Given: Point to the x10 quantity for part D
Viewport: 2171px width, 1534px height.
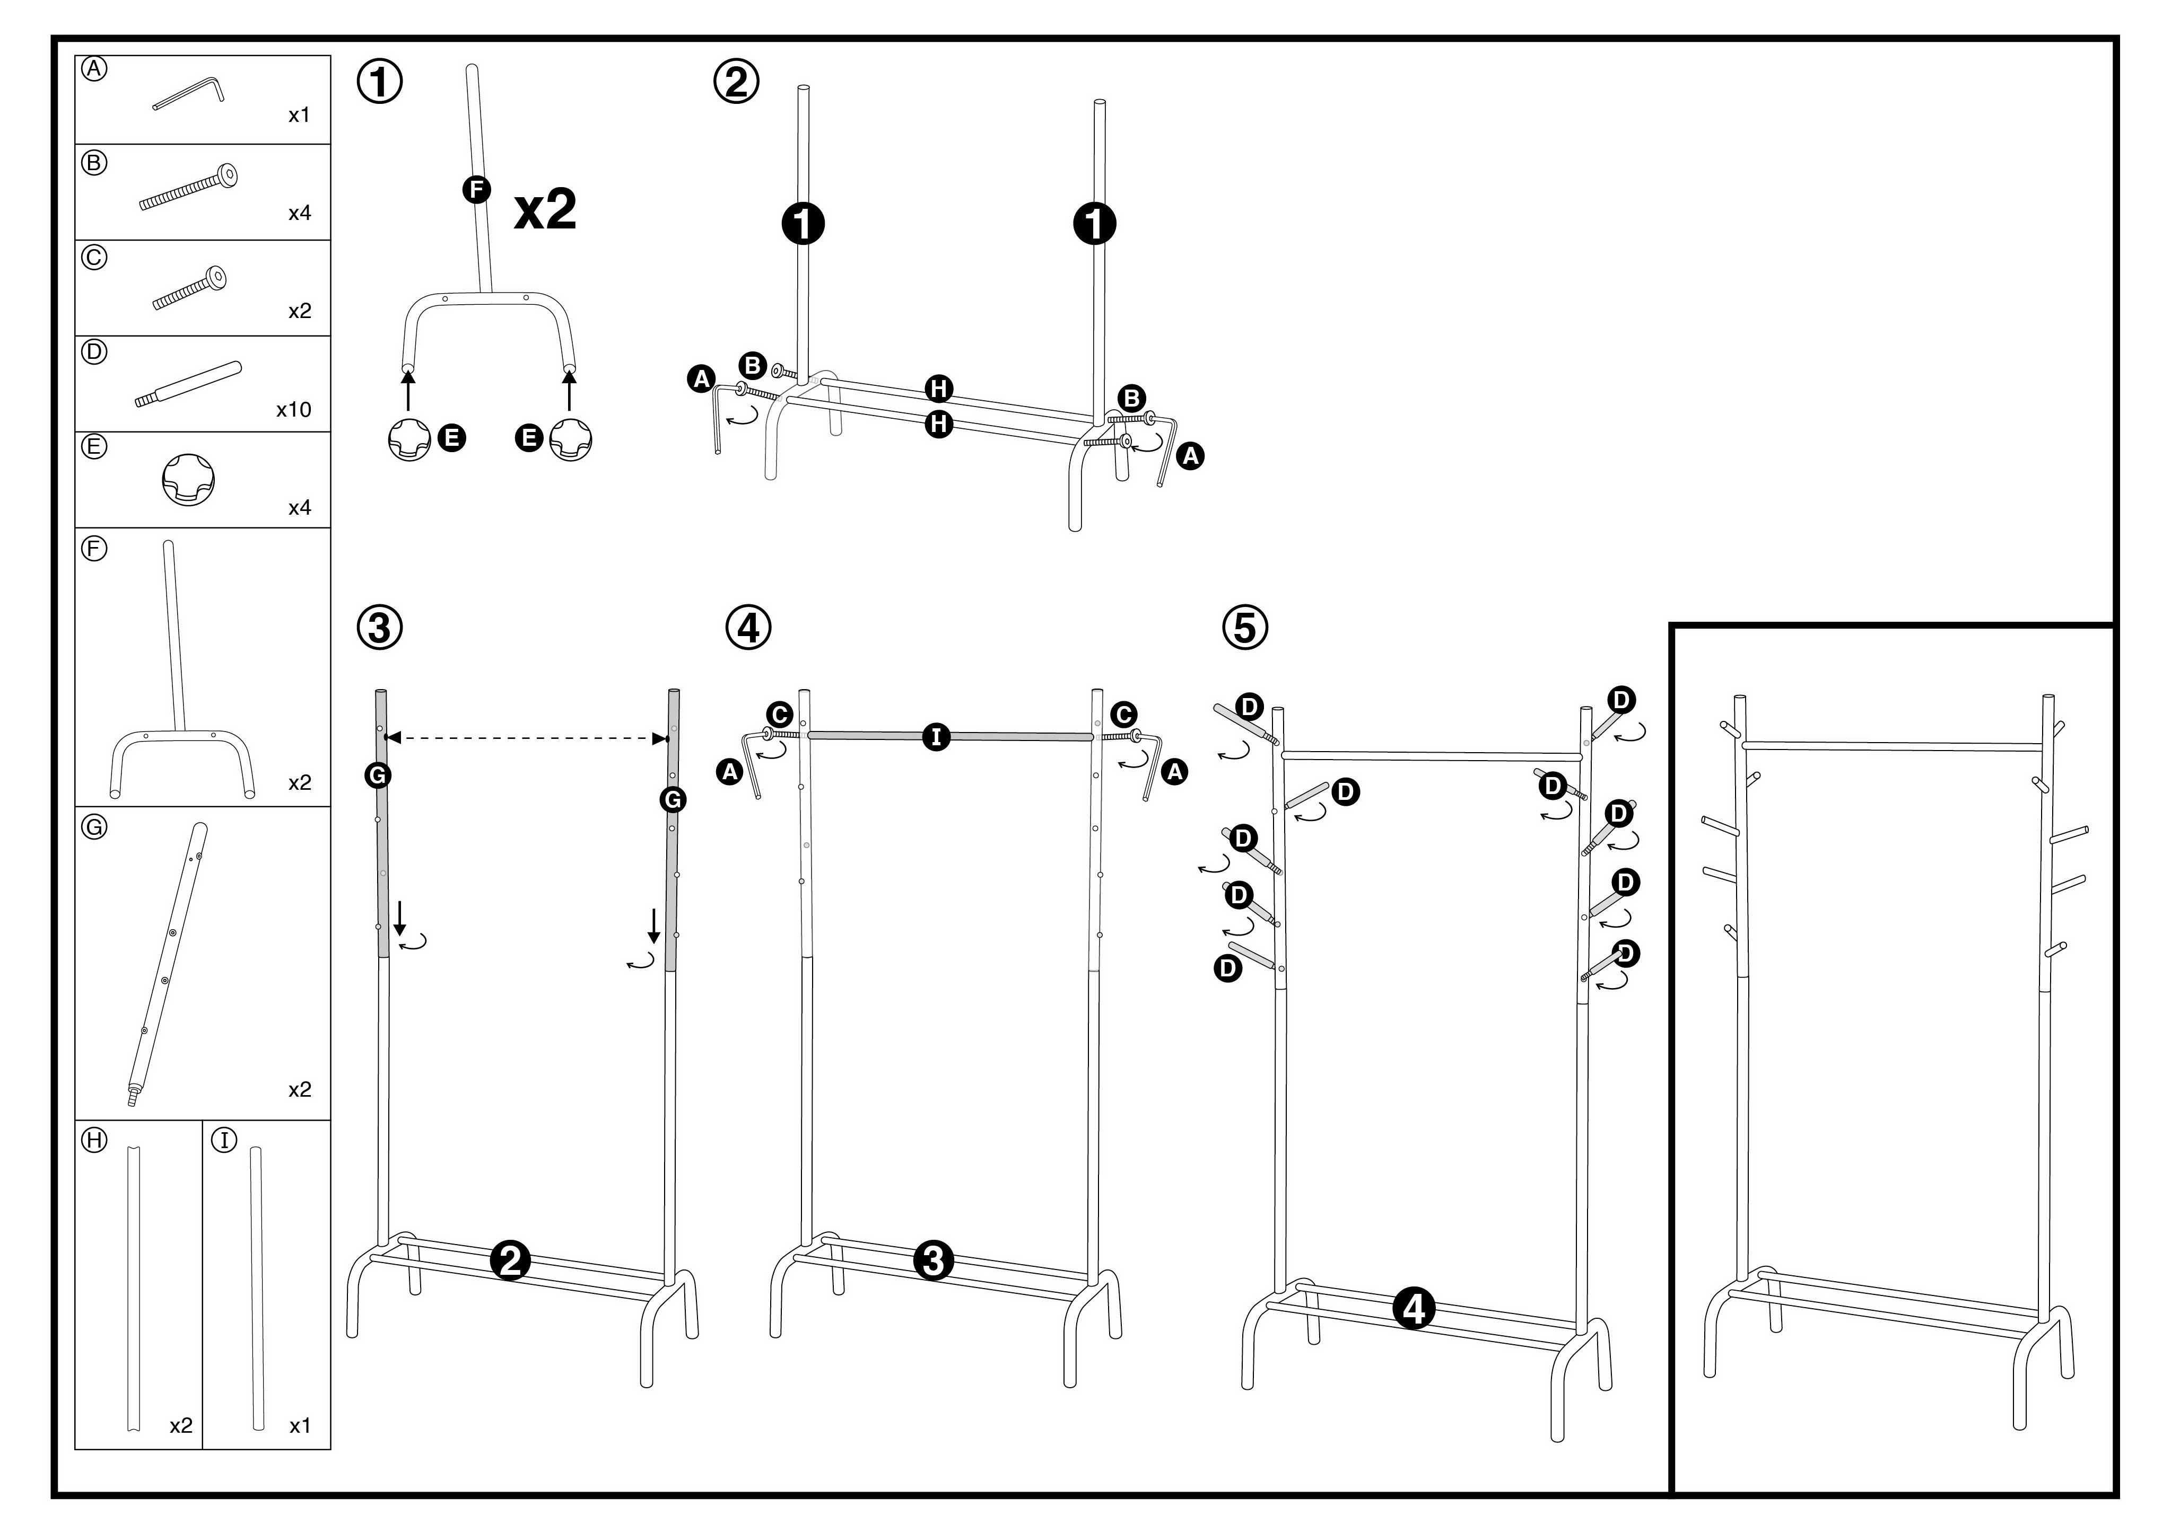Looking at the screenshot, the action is click(x=293, y=409).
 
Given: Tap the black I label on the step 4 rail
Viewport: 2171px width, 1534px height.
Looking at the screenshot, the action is click(x=936, y=736).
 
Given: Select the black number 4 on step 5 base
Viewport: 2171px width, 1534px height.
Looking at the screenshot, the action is click(x=1414, y=1309).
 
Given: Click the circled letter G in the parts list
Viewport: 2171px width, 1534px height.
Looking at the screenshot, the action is click(x=94, y=827).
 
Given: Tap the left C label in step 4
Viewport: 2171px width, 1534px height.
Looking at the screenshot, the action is click(x=779, y=715).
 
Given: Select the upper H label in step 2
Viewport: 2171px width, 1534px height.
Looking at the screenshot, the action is click(x=938, y=389).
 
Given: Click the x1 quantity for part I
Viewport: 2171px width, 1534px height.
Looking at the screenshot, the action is click(x=300, y=1425).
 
